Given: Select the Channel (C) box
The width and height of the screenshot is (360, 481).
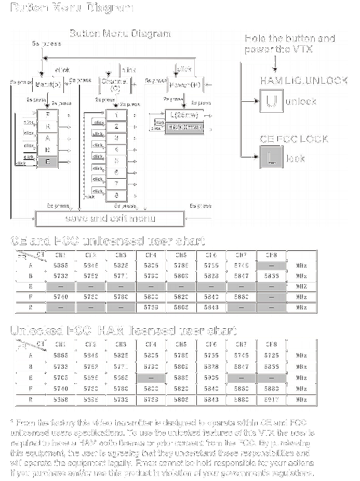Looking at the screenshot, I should click(x=114, y=85).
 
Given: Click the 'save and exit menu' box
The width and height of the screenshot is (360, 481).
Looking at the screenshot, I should click(x=110, y=219).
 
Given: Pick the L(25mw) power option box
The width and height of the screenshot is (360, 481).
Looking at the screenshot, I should click(x=184, y=115).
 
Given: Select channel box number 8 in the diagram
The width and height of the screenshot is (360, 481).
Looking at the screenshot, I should click(x=117, y=195).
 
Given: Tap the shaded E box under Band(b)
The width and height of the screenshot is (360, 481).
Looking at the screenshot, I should click(x=48, y=162).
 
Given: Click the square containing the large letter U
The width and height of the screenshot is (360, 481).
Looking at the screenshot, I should click(x=271, y=101).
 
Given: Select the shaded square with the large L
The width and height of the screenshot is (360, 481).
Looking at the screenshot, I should click(x=271, y=157).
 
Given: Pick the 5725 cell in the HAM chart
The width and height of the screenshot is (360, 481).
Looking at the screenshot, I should click(x=271, y=356).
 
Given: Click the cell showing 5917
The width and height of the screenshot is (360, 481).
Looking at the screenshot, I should click(x=271, y=400).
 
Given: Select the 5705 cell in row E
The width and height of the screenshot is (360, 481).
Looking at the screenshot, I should click(x=60, y=378).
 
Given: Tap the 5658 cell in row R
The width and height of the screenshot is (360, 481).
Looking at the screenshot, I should click(x=60, y=400).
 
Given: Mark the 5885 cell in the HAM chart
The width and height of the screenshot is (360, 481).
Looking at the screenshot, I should click(x=181, y=378).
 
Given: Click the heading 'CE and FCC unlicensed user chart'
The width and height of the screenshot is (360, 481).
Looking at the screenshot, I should click(x=108, y=241).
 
